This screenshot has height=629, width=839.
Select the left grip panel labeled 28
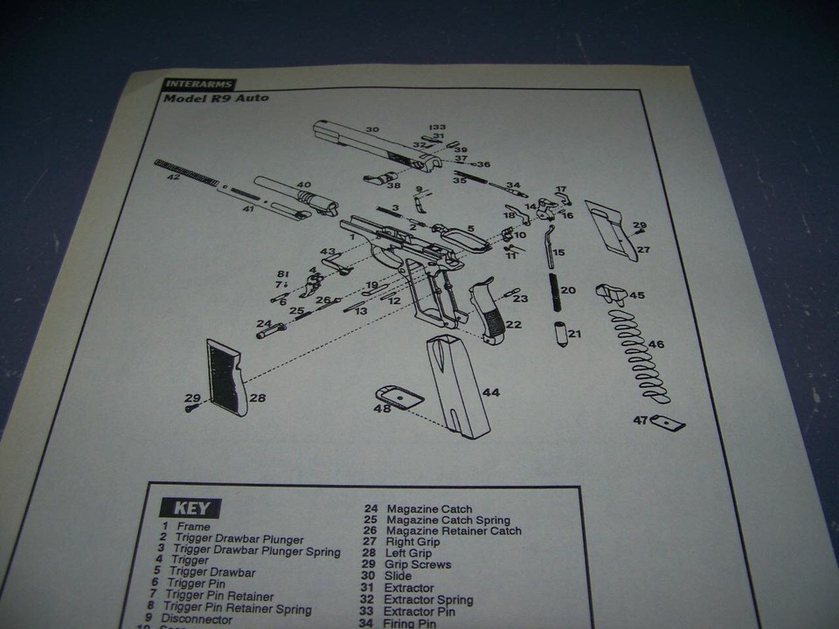click(222, 377)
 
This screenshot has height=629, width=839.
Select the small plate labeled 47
click(670, 423)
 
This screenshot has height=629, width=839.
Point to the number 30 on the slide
click(372, 130)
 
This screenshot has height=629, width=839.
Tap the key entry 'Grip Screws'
click(419, 565)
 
